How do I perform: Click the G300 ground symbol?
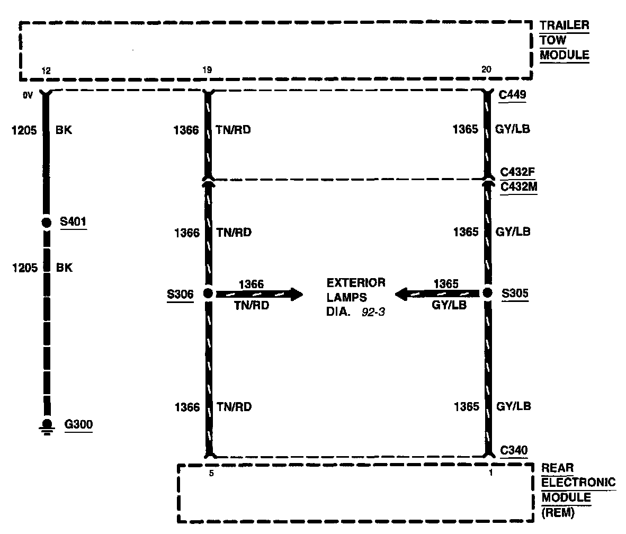(x=47, y=426)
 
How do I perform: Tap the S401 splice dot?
(x=46, y=222)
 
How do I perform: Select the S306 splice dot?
(x=208, y=293)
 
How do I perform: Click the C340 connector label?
(x=514, y=450)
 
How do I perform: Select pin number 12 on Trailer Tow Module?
(x=46, y=70)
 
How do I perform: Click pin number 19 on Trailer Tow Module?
(x=207, y=70)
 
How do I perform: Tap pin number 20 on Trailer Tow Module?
(x=487, y=70)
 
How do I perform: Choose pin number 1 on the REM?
(x=491, y=473)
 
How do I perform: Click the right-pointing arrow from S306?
(x=294, y=293)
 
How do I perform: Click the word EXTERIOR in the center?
(x=356, y=282)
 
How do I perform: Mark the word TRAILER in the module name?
(x=564, y=25)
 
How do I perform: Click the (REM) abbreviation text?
(x=558, y=513)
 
